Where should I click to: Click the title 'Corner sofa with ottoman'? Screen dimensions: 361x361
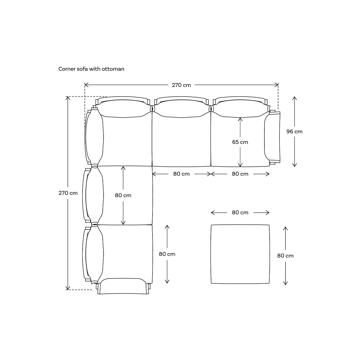point(91,69)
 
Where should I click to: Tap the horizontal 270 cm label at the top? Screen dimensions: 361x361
point(181,85)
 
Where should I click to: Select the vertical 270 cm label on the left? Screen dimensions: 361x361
point(68,193)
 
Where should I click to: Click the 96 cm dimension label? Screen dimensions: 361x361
point(294,131)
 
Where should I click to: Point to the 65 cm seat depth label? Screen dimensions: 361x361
point(240,142)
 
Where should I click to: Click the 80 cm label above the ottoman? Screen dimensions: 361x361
point(240,212)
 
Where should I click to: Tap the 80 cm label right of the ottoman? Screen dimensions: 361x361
point(285,256)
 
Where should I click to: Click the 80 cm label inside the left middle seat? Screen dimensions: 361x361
point(123,195)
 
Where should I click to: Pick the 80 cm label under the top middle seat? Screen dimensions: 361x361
point(181,174)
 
